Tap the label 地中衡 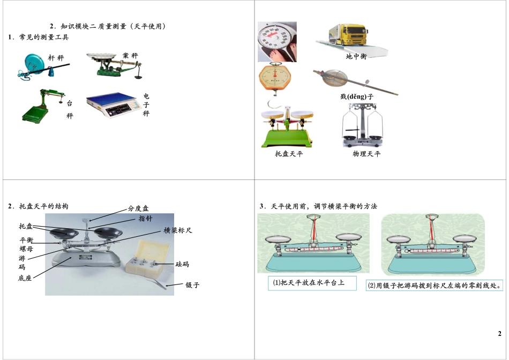[356, 56]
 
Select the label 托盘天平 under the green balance [288, 154]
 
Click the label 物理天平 [366, 154]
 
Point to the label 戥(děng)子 [356, 96]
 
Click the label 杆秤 [56, 57]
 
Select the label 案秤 [130, 56]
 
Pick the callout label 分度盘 [138, 209]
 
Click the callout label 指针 [145, 219]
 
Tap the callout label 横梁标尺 [178, 230]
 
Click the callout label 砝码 [182, 264]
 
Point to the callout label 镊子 [192, 285]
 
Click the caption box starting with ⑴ [312, 283]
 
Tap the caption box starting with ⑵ [435, 286]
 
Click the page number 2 [499, 334]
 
